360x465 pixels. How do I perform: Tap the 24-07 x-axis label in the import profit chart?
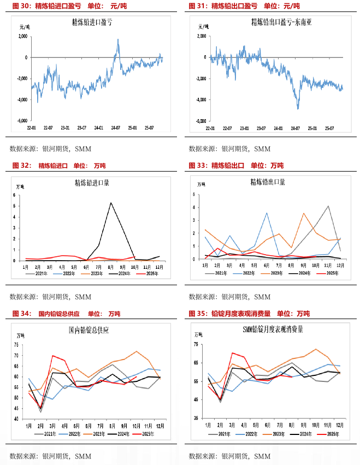pyautogui.click(x=115, y=128)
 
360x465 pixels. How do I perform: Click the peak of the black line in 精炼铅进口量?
pyautogui.click(x=111, y=203)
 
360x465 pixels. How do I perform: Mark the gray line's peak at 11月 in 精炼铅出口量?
pyautogui.click(x=328, y=206)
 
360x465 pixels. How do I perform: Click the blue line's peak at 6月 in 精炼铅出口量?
pyautogui.click(x=267, y=213)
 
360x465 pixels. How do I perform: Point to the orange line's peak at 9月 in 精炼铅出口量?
pyautogui.click(x=304, y=213)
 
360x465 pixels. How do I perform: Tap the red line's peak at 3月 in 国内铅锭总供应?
pyautogui.click(x=53, y=356)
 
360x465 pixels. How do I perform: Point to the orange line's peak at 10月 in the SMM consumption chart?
pyautogui.click(x=315, y=349)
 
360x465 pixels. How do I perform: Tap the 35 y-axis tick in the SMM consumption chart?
pyautogui.click(x=196, y=417)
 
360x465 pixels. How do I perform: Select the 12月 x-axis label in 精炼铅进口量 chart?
pyautogui.click(x=159, y=266)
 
